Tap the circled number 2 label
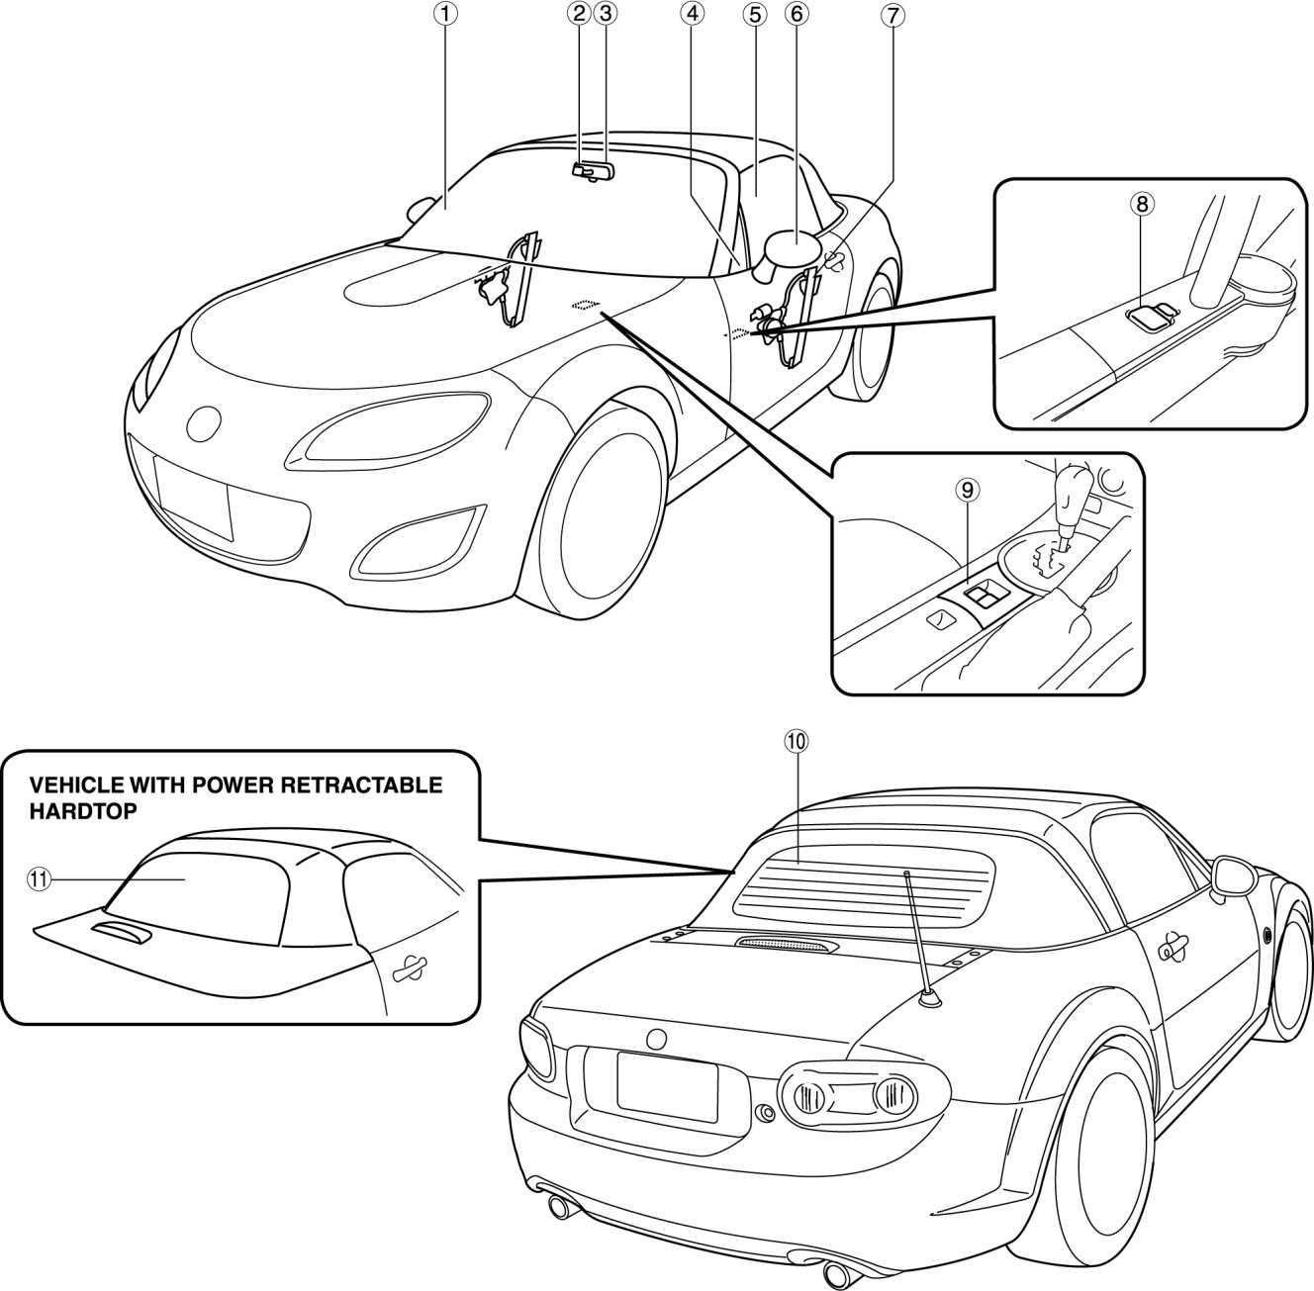[x=579, y=14]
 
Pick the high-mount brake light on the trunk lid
[x=788, y=947]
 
